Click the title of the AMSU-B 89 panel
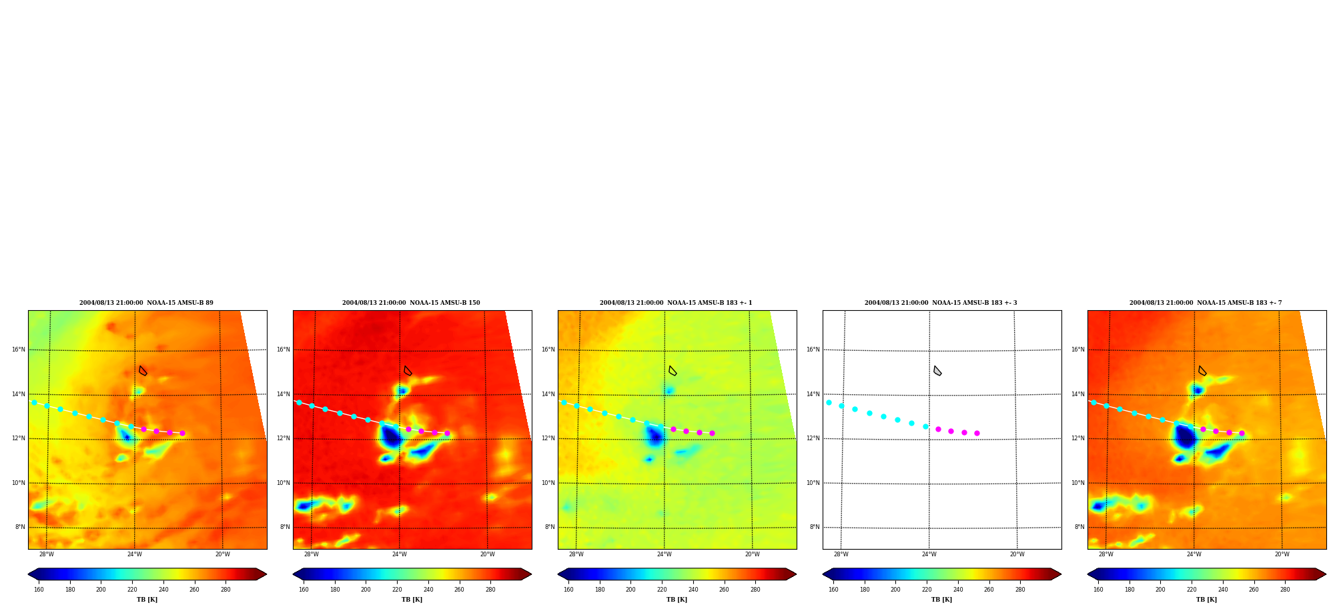146,303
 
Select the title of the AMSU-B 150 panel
411,303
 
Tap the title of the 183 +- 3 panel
941,303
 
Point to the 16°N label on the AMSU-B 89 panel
18,350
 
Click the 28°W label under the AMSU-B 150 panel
312,554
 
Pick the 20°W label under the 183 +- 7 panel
1282,554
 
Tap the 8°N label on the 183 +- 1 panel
549,527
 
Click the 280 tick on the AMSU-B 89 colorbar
226,590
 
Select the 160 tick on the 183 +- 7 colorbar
1098,590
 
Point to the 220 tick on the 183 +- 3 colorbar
927,590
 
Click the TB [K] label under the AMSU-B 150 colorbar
412,600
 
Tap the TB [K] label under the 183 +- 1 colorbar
677,600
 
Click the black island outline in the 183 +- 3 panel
937,371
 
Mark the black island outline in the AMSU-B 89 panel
142,371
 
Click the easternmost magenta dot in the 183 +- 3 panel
977,433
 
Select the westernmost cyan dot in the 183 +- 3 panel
829,402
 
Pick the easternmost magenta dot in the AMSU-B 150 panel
447,433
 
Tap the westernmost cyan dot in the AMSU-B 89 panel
34,402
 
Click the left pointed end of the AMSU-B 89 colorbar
29,574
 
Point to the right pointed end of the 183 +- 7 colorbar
1325,574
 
